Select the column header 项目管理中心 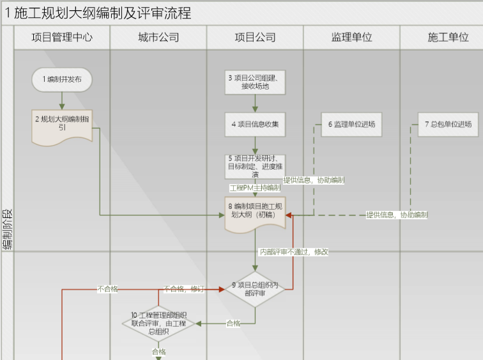tap(62, 37)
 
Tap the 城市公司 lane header tap(158, 37)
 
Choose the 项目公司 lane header tap(255, 37)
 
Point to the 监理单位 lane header tap(351, 37)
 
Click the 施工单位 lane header tap(448, 37)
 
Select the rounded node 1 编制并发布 tap(62, 80)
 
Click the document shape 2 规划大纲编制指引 tap(62, 124)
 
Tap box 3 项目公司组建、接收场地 tap(255, 82)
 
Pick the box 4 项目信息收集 tap(255, 124)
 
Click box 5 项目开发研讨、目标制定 tap(255, 166)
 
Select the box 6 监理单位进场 tap(351, 124)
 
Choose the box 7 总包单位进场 tap(448, 124)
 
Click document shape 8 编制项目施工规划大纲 tap(255, 211)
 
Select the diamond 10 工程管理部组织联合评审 tap(158, 323)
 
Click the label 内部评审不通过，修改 tap(293, 252)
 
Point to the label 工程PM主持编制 tap(255, 188)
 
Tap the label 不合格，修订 tap(183, 289)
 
